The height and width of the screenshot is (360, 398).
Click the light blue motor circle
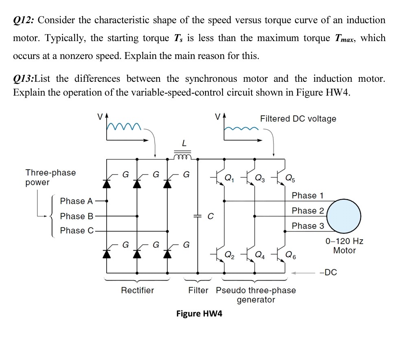tap(344, 216)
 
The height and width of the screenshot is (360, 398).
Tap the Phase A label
tap(77, 201)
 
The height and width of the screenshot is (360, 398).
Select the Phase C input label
tap(77, 230)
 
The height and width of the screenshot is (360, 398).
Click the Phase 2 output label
tap(308, 211)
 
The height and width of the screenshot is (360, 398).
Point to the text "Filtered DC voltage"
tap(298, 118)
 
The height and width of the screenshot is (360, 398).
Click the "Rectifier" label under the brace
tap(138, 290)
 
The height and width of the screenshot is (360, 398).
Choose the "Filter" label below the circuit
tap(198, 290)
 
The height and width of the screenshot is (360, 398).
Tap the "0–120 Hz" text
tap(344, 241)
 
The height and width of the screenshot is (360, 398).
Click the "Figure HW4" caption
tap(199, 314)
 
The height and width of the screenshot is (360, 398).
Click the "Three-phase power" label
tap(50, 177)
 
